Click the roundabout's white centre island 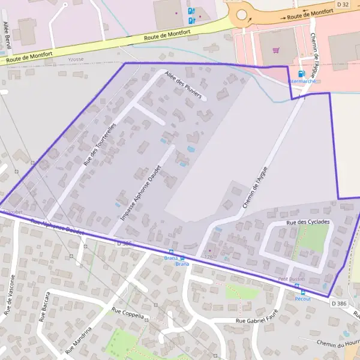coord(241,15)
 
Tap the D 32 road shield coord(343,4)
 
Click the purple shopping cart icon coord(276,50)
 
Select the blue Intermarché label coord(302,80)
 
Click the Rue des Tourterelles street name coord(100,140)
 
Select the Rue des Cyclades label coord(308,223)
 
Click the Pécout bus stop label coord(302,298)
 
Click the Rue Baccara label coord(44,307)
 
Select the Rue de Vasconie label coord(10,295)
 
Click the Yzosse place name coord(75,59)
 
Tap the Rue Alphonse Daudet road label coord(57,226)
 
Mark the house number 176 coord(209,256)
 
